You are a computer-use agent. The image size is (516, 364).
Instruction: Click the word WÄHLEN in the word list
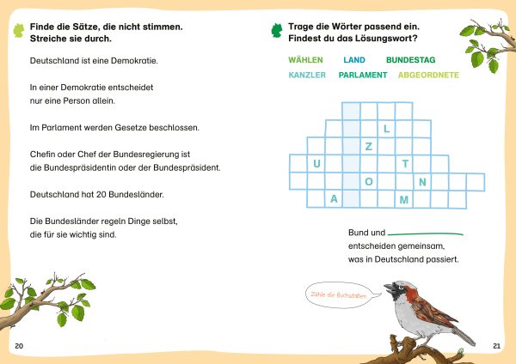[305, 60]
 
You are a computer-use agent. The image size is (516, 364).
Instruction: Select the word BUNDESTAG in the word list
[411, 60]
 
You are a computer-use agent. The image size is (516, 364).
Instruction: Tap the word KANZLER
[307, 76]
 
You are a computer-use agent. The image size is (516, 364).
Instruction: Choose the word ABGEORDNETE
[428, 76]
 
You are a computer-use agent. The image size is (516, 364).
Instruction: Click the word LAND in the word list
[354, 60]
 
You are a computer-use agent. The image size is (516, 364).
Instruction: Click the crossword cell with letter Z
[369, 147]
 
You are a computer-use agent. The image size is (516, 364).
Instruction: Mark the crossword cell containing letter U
[316, 164]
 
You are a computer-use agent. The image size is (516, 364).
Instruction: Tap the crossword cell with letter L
[387, 129]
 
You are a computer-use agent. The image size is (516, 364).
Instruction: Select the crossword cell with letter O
[369, 182]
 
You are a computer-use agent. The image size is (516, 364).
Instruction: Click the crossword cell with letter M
[404, 200]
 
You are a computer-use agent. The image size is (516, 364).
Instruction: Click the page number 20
[20, 345]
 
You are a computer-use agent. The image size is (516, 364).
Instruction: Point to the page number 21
[496, 345]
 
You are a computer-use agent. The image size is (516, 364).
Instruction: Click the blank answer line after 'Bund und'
[425, 234]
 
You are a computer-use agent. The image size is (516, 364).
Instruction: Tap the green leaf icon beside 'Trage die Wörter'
[276, 33]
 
